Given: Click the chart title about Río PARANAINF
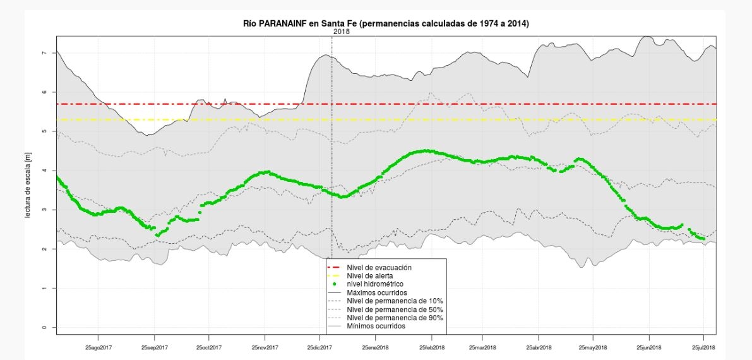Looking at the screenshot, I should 386,23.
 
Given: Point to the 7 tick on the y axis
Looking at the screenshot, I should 45,53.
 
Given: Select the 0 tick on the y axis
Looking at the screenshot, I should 45,327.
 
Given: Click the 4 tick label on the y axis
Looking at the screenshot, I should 45,171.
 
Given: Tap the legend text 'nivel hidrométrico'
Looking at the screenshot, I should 377,284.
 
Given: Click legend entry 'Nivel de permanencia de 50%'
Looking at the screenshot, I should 395,309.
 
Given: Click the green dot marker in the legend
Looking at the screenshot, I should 335,284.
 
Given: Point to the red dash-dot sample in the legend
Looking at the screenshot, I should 335,268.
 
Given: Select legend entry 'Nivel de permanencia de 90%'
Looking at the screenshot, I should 395,318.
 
